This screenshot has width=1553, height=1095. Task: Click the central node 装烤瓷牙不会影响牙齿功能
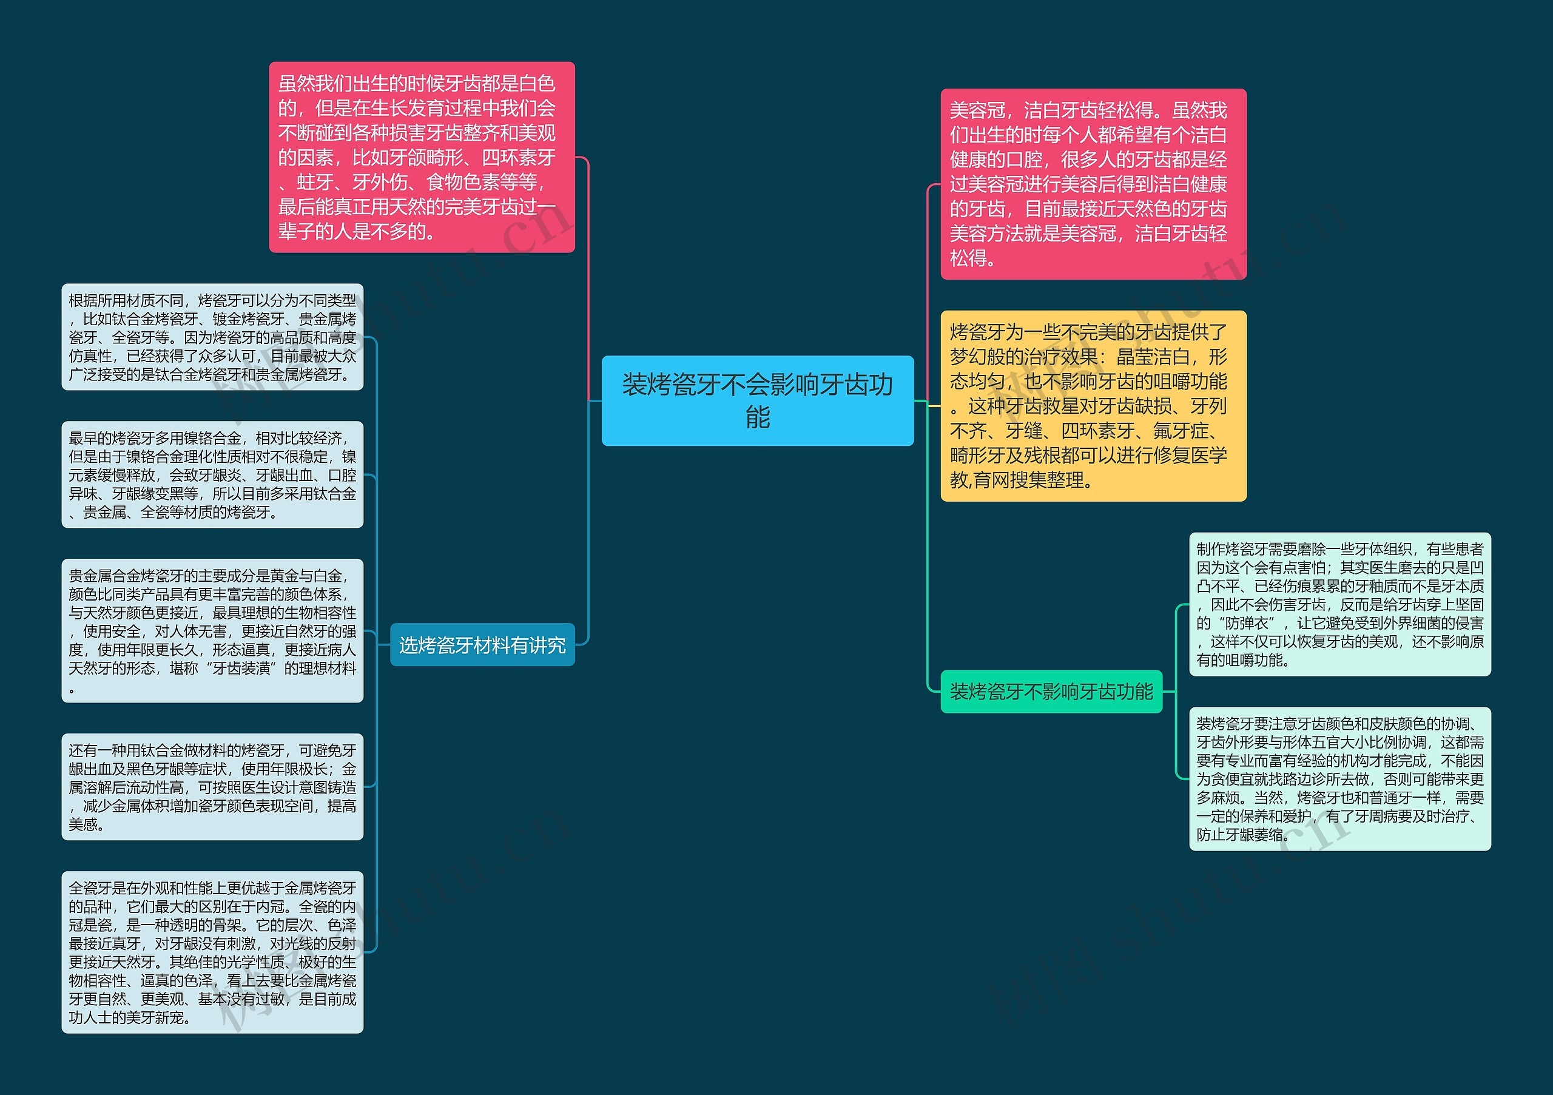[x=758, y=400]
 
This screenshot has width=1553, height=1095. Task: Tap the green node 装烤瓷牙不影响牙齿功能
[x=1051, y=691]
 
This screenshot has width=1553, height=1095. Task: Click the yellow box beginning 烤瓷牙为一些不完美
[x=1093, y=406]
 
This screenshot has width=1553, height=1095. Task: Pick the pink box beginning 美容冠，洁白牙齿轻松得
[x=1093, y=184]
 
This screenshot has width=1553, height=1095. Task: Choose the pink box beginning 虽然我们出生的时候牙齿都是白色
[x=422, y=157]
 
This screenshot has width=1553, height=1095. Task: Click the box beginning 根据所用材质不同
[x=212, y=337]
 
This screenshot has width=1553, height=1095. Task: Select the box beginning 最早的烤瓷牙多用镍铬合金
[x=212, y=474]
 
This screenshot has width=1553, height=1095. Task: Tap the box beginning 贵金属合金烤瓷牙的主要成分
[x=212, y=630]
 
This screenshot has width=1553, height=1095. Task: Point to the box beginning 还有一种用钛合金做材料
[x=212, y=787]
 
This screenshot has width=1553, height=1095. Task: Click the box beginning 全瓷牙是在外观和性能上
[x=212, y=952]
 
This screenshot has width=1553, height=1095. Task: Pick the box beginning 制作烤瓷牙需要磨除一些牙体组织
[x=1339, y=604]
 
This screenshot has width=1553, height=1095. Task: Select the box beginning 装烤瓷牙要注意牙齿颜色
[x=1339, y=778]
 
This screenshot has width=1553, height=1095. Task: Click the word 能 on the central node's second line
[x=758, y=417]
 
